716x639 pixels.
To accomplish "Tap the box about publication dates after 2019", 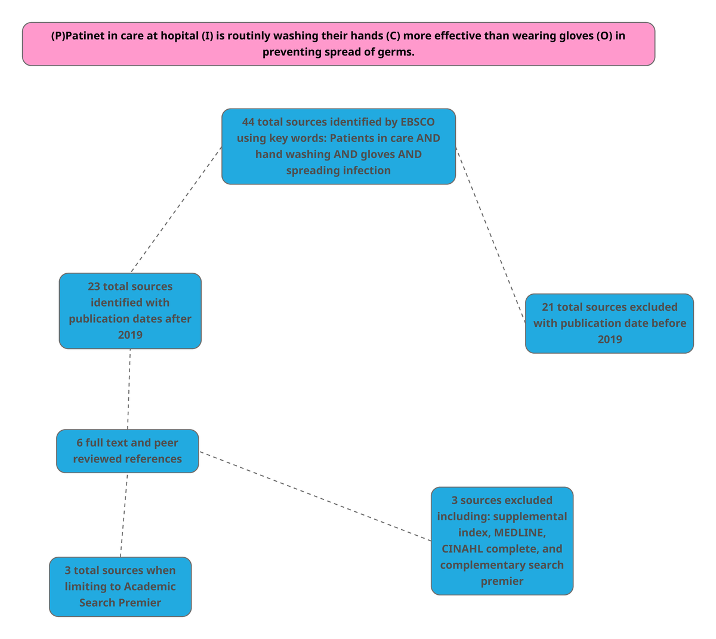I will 130,310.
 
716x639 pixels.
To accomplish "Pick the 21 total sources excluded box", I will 609,323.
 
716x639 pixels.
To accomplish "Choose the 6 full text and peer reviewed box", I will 127,451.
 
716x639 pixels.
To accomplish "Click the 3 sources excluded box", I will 502,541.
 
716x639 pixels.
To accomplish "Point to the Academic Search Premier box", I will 120,586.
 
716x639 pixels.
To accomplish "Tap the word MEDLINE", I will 519,533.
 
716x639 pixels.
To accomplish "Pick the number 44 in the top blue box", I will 248,122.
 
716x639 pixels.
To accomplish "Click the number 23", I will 94,287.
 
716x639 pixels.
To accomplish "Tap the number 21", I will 548,307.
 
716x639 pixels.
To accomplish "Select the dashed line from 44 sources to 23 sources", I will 176,209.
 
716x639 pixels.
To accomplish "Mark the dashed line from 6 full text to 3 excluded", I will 315,496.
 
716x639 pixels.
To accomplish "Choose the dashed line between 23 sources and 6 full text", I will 129,389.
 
